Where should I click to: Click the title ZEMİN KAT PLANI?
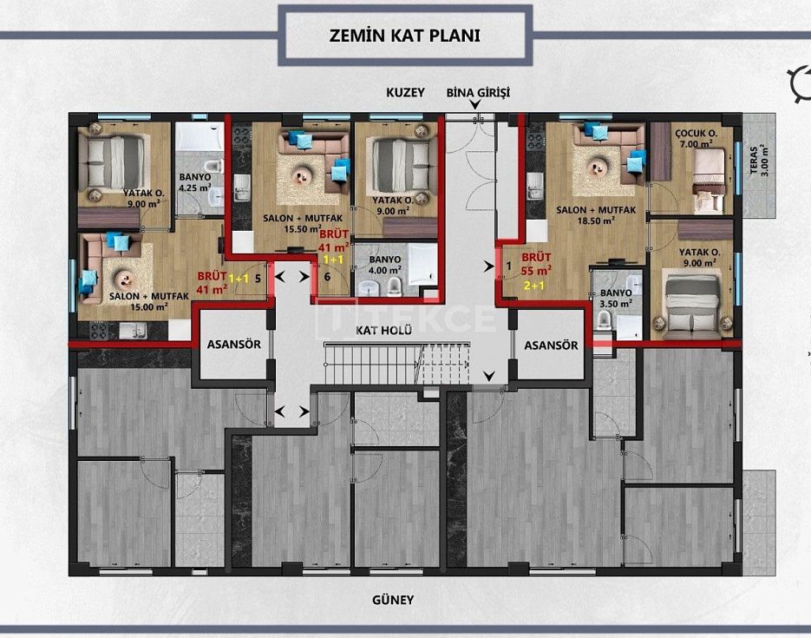tap(404, 36)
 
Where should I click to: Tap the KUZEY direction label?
tap(406, 93)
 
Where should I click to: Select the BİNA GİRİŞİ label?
tap(478, 93)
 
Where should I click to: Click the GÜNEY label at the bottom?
tap(393, 600)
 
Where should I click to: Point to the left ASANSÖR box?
tap(234, 345)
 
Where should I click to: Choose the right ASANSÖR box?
tap(551, 345)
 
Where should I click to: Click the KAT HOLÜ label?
tap(383, 330)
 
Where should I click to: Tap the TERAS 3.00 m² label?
tap(759, 160)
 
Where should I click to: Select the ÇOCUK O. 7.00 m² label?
tap(697, 139)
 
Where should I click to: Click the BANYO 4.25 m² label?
tap(194, 182)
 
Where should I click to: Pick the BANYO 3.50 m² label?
tap(616, 298)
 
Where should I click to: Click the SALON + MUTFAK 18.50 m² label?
tap(596, 215)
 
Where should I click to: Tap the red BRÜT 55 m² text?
tap(536, 264)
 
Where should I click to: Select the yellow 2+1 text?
tap(533, 285)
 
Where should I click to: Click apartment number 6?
tap(327, 277)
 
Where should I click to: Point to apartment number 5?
tap(258, 279)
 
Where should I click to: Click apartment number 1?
tap(509, 266)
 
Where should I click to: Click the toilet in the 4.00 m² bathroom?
tap(394, 285)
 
